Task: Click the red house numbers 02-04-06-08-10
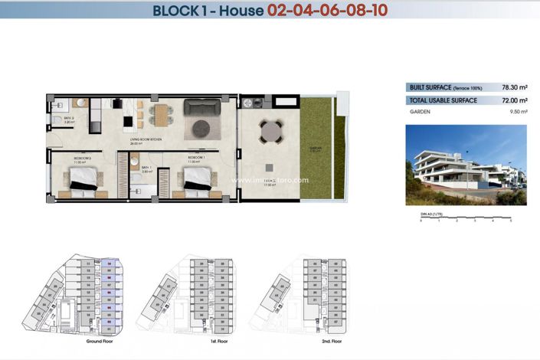(x=327, y=11)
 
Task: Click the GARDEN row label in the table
(x=419, y=112)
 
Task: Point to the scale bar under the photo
(x=466, y=219)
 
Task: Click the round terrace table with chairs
(x=271, y=133)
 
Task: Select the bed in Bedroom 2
(x=83, y=180)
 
